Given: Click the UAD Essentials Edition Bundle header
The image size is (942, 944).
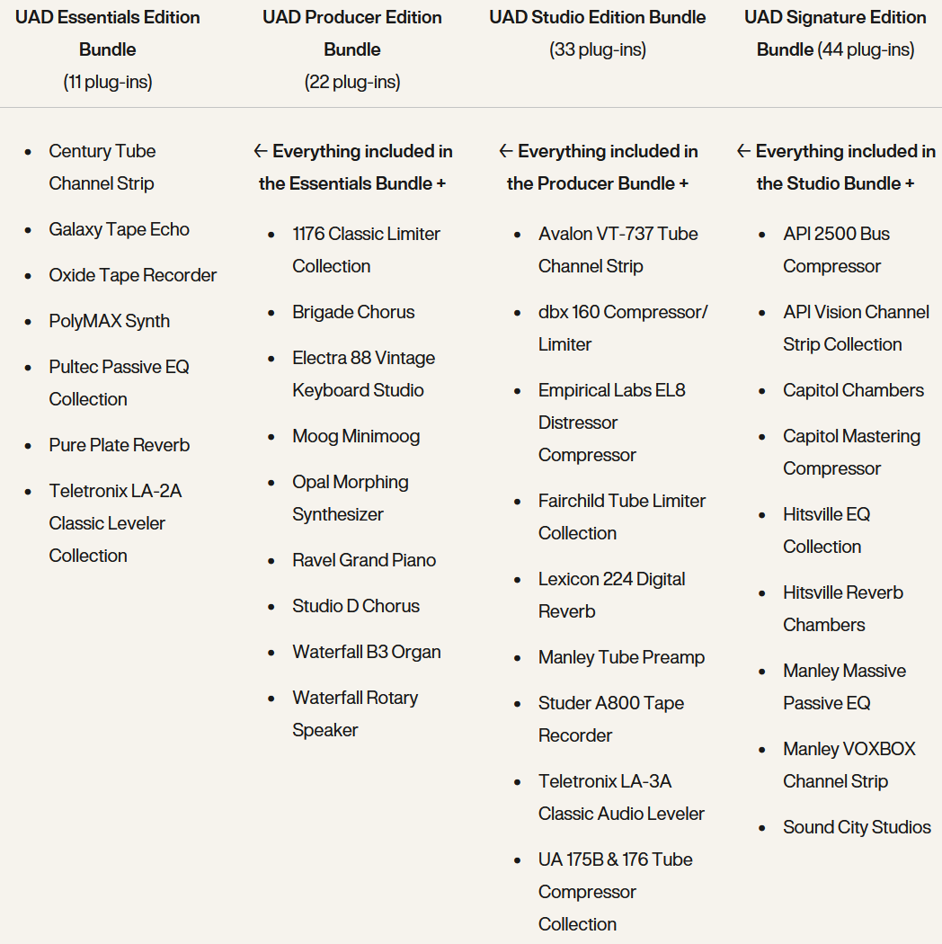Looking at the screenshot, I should [108, 33].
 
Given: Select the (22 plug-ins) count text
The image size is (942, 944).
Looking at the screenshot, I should [352, 82].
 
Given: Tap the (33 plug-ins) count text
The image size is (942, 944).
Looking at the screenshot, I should [598, 49].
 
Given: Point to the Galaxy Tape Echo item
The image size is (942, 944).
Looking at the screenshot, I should [119, 229].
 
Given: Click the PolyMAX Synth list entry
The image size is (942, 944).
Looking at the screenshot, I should [109, 321].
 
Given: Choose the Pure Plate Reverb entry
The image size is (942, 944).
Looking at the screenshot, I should [119, 445].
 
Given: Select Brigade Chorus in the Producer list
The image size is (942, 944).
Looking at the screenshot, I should [353, 312].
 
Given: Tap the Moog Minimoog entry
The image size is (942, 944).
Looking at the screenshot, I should [356, 436].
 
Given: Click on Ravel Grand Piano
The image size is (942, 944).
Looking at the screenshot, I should [364, 560].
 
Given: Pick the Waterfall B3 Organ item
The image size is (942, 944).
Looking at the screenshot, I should [366, 652].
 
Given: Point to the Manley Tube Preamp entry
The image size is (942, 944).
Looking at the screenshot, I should [621, 657].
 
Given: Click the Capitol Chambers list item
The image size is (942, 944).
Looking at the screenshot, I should [853, 390].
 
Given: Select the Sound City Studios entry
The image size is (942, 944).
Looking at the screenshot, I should [857, 827].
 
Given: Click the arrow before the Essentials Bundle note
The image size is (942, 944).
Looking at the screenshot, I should [261, 151].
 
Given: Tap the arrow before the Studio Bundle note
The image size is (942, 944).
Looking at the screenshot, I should [743, 151].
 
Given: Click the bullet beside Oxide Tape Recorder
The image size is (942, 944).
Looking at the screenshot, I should [29, 276].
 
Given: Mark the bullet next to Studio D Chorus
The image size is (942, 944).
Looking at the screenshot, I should [272, 607].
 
